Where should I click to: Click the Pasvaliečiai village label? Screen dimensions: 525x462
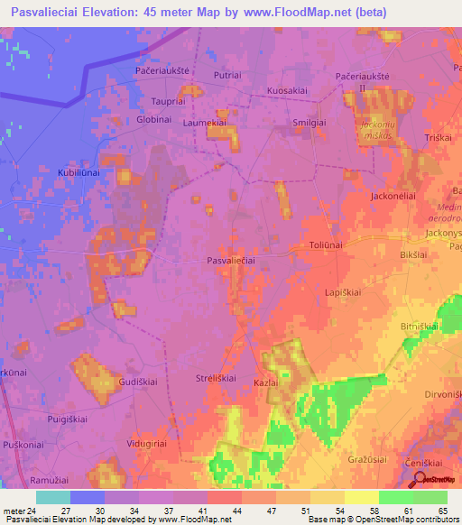231,260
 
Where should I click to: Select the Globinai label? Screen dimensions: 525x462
153,119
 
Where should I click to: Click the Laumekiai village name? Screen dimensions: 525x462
203,121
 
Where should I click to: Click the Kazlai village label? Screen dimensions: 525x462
264,383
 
